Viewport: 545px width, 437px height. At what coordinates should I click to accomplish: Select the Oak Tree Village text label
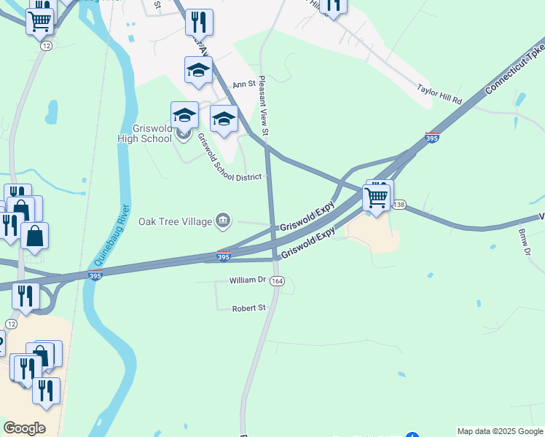(175, 221)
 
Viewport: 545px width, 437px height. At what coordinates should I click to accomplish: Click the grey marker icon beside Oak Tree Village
(223, 221)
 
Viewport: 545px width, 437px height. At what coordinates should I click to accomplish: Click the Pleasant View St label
(262, 105)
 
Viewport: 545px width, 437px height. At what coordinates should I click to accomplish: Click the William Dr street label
(248, 280)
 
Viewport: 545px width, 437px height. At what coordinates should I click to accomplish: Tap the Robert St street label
(248, 308)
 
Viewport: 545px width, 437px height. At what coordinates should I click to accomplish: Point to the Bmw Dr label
(523, 242)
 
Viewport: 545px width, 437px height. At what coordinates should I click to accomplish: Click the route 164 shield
(276, 281)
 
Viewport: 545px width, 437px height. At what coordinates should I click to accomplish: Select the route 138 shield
(399, 205)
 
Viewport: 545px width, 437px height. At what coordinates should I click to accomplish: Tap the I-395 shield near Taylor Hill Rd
(431, 137)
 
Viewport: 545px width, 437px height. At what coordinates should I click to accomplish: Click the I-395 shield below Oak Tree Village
(224, 256)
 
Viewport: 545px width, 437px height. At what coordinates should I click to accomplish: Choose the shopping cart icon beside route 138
(376, 197)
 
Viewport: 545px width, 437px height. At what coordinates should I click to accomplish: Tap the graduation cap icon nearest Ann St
(198, 71)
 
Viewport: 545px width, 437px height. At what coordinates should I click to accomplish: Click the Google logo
(24, 428)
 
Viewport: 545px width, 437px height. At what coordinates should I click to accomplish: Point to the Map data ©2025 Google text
(499, 431)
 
